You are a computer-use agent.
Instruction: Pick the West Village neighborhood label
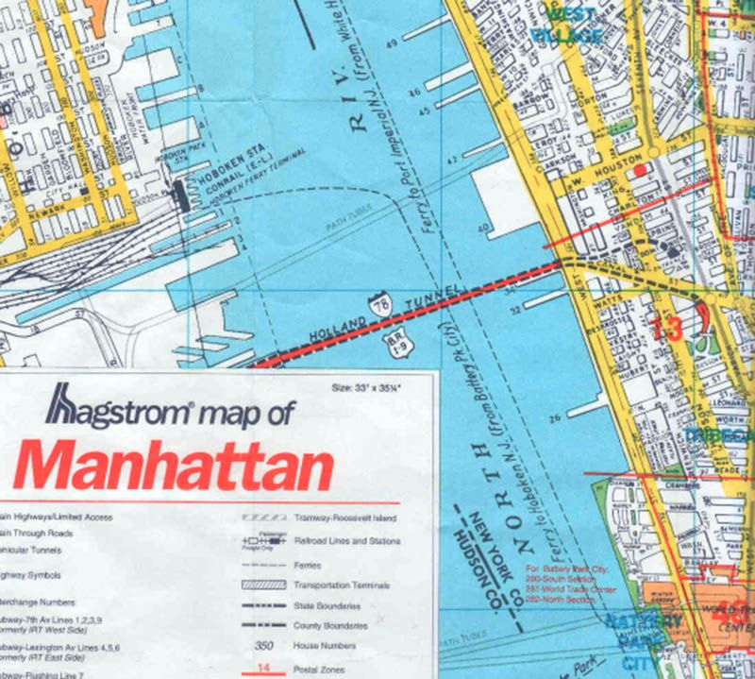tap(567, 25)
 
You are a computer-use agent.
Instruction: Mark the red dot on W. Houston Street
tap(642, 169)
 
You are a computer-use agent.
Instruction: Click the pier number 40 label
tap(484, 229)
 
